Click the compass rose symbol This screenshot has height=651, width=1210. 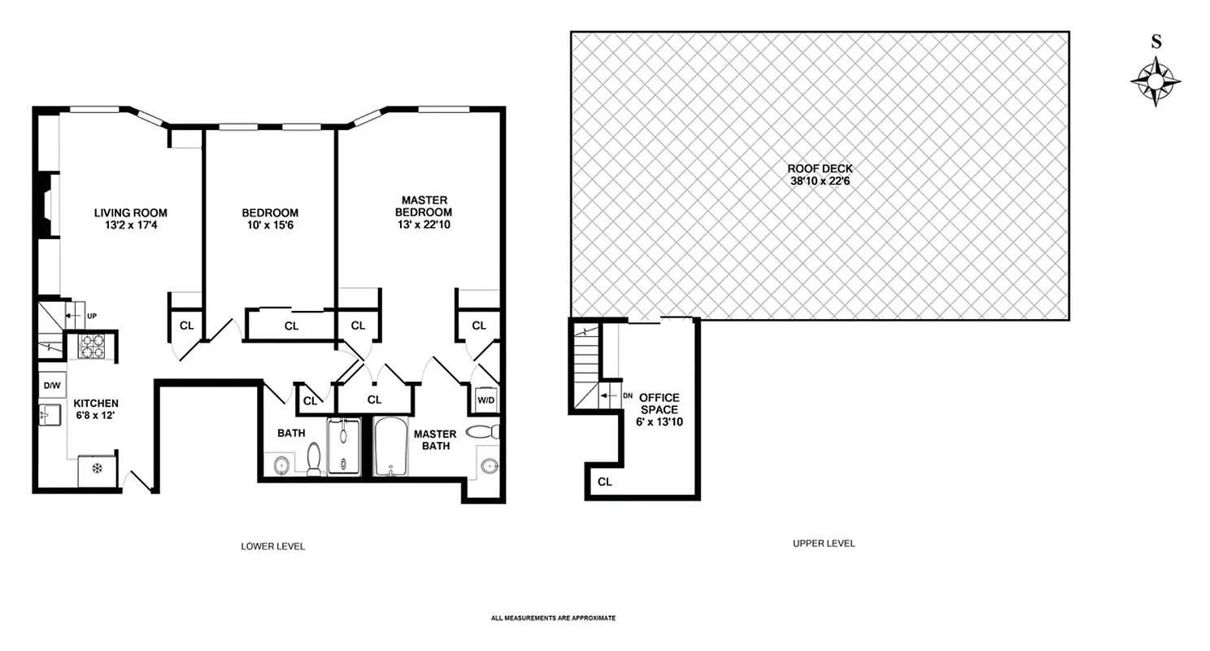pos(1155,83)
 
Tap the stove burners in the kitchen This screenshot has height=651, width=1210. pos(92,347)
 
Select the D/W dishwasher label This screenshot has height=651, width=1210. pos(52,384)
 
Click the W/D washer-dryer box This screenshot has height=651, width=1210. pos(486,400)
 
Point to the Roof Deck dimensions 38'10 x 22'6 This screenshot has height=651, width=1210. pos(820,181)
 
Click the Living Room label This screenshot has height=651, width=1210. pos(130,213)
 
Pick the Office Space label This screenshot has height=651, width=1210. pos(658,404)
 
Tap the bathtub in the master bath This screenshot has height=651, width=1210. pos(391,447)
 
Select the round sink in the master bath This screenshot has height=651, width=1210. pos(490,465)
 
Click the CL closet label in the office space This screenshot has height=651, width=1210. pos(604,482)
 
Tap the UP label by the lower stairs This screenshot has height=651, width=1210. pos(92,315)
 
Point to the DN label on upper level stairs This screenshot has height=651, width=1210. pos(627,395)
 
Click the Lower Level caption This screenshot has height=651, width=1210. pos(273,546)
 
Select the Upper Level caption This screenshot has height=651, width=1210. pos(823,544)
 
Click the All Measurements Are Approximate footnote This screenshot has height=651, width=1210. pos(553,618)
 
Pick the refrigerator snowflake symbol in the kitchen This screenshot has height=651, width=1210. pos(97,469)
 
